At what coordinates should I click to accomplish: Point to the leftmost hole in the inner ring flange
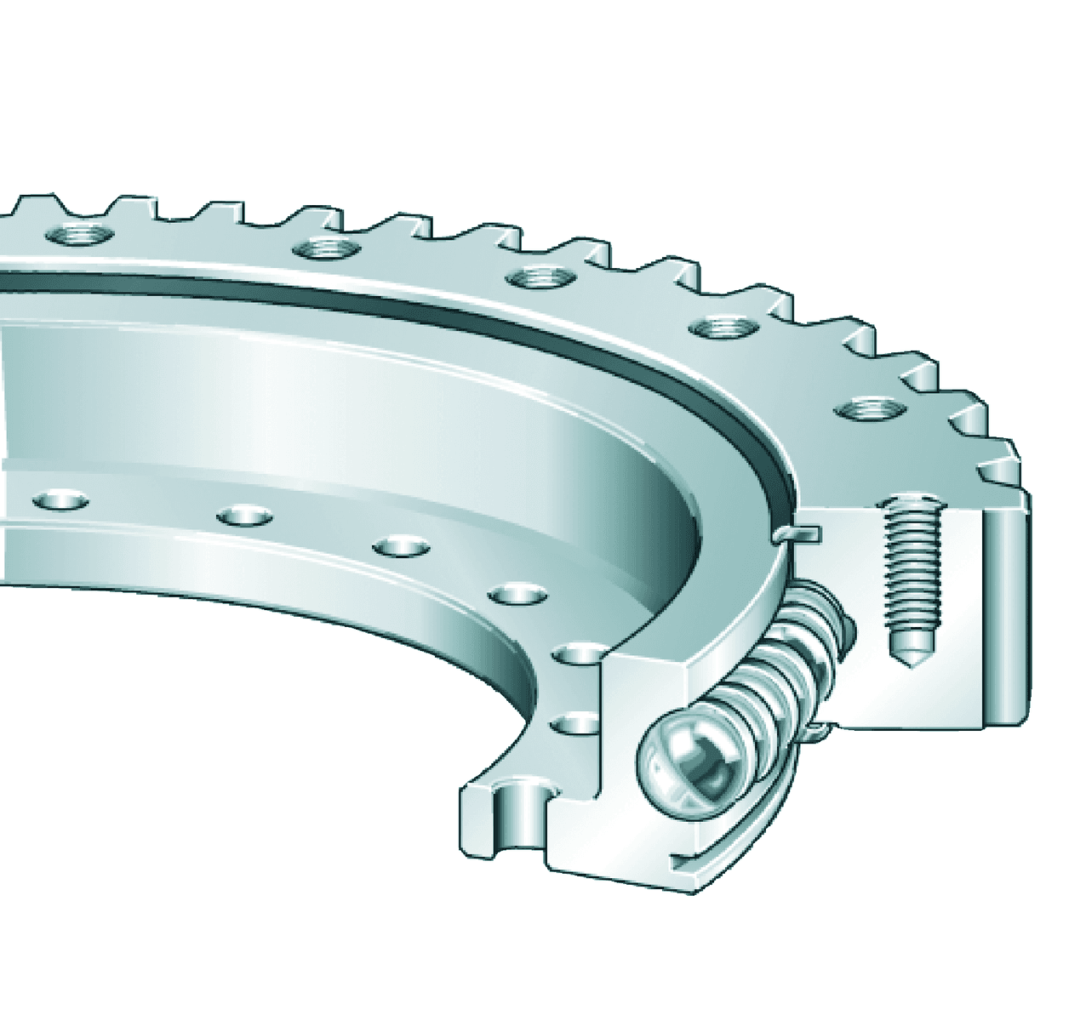(60, 499)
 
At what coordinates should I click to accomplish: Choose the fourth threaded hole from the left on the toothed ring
(723, 328)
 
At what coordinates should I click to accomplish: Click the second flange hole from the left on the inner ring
(244, 515)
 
